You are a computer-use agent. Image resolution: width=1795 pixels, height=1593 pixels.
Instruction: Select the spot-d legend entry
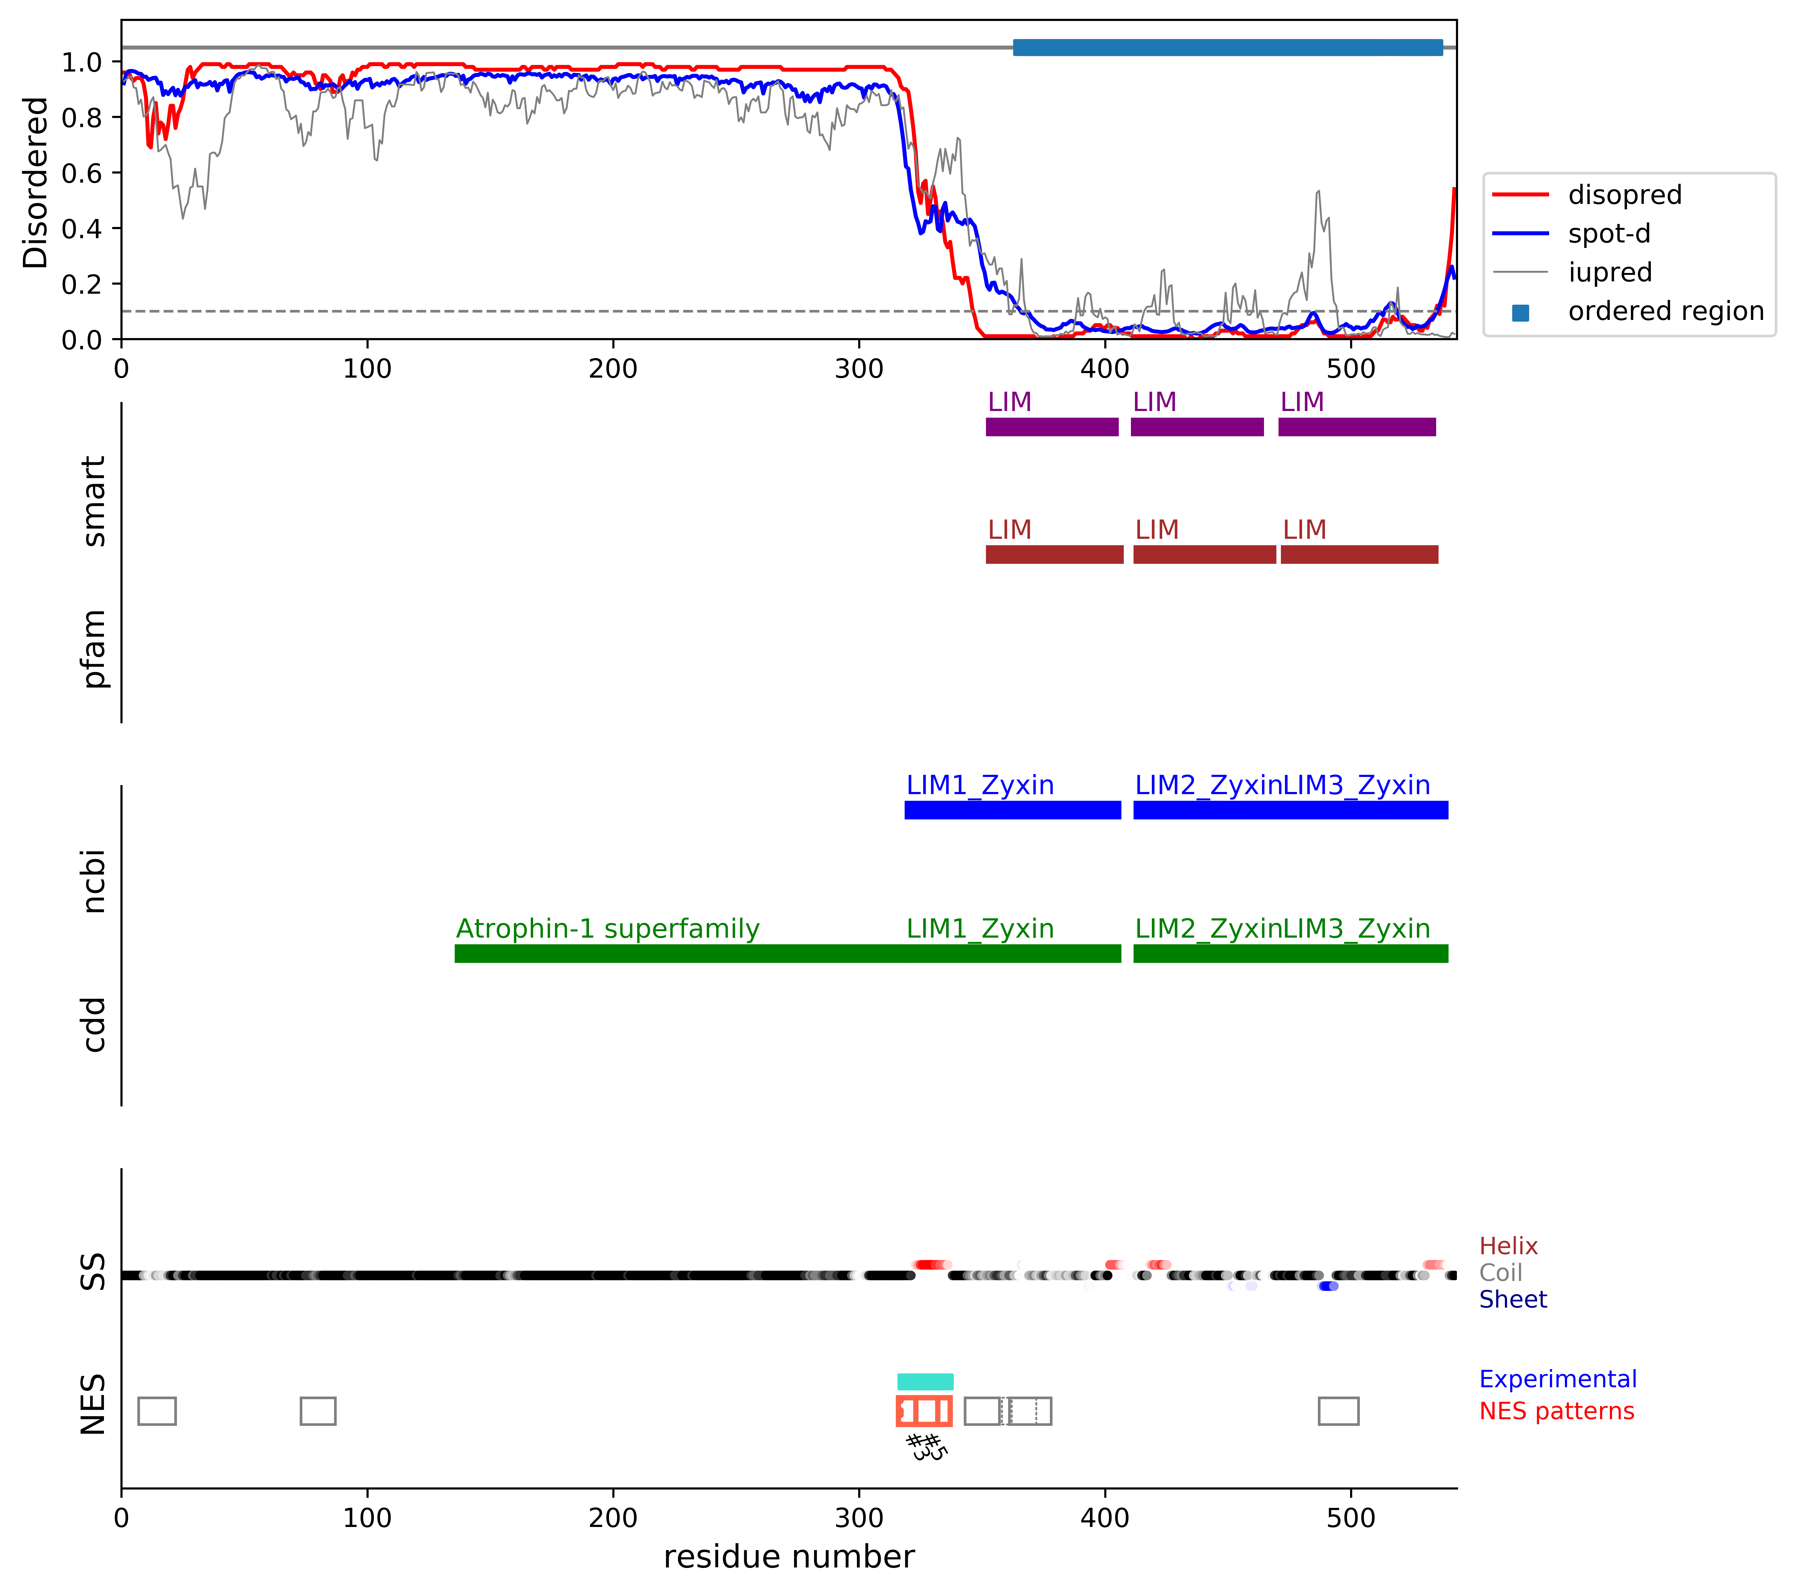pyautogui.click(x=1609, y=234)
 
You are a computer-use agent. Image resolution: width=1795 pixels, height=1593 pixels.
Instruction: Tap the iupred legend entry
pyautogui.click(x=1610, y=272)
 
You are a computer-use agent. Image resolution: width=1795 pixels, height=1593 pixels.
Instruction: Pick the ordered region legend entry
pyautogui.click(x=1665, y=311)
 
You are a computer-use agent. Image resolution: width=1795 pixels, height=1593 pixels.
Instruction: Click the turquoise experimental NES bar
pyautogui.click(x=925, y=1381)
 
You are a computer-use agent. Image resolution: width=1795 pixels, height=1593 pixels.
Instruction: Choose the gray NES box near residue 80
pyautogui.click(x=318, y=1411)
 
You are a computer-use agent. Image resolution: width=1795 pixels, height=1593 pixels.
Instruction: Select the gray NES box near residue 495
pyautogui.click(x=1338, y=1411)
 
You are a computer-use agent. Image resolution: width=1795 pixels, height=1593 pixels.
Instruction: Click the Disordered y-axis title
pyautogui.click(x=35, y=183)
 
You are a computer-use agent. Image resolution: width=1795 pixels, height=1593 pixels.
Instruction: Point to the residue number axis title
pyautogui.click(x=789, y=1557)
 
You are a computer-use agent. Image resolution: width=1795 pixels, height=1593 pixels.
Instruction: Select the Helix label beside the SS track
pyautogui.click(x=1508, y=1246)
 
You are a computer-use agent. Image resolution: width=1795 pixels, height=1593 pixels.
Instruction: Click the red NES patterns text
pyautogui.click(x=1556, y=1411)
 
